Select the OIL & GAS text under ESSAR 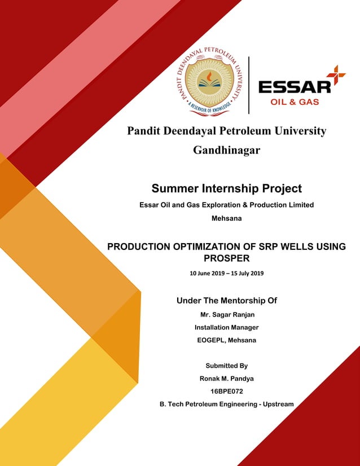(295, 102)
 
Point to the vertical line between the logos (249, 85)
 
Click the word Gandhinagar (226, 150)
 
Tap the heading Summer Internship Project (226, 188)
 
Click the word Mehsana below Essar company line (226, 218)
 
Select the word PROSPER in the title (226, 258)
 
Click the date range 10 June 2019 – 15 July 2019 (226, 274)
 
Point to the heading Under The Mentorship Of (226, 301)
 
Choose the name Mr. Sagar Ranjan (226, 314)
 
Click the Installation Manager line (226, 327)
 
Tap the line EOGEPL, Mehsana (226, 340)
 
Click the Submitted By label (226, 366)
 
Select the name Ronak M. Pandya (226, 379)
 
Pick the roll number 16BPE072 (226, 391)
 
